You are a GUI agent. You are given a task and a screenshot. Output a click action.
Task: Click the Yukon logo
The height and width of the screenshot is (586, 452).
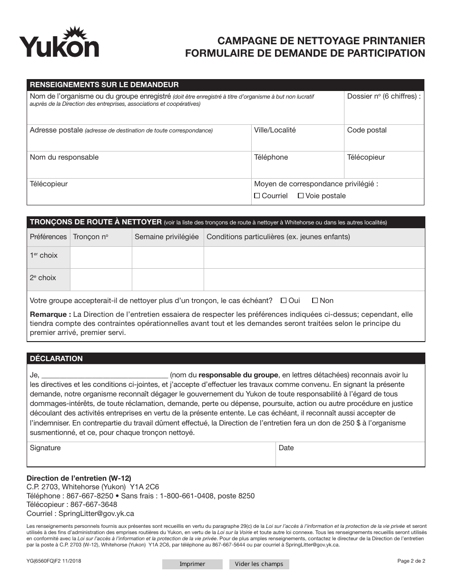pyautogui.click(x=59, y=43)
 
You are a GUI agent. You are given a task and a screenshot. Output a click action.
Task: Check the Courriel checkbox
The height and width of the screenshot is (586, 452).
pyautogui.click(x=257, y=196)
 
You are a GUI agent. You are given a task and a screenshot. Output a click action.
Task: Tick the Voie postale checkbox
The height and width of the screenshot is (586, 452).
pyautogui.click(x=301, y=196)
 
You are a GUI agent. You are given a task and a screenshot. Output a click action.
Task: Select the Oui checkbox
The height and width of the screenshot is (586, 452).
pyautogui.click(x=284, y=301)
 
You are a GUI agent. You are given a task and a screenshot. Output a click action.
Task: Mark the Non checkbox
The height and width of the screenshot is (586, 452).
pyautogui.click(x=314, y=301)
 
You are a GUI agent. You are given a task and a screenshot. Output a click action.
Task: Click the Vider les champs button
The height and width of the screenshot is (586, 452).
pyautogui.click(x=259, y=564)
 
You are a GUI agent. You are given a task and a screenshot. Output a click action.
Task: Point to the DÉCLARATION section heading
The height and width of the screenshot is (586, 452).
pyautogui.click(x=56, y=359)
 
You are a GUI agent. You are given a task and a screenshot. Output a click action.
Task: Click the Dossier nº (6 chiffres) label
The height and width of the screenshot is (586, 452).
pyautogui.click(x=383, y=96)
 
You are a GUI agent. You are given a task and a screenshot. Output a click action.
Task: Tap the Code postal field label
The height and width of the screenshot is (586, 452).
pyautogui.click(x=366, y=130)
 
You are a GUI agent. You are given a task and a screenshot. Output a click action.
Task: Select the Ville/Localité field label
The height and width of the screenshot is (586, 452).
pyautogui.click(x=275, y=130)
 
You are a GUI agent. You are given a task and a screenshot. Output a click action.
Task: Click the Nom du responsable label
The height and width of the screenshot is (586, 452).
pyautogui.click(x=64, y=157)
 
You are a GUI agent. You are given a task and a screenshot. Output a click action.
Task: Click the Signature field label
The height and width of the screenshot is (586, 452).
pyautogui.click(x=45, y=448)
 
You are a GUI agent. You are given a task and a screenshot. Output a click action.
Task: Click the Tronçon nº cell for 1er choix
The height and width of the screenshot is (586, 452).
pyautogui.click(x=101, y=257)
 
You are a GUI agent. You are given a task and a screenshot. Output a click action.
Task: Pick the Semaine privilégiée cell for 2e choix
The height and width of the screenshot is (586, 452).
pyautogui.click(x=167, y=280)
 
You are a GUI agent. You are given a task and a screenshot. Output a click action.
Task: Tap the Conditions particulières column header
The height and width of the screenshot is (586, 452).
pyautogui.click(x=278, y=237)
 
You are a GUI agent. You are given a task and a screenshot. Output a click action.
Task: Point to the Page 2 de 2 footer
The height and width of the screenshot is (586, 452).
pyautogui.click(x=411, y=561)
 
